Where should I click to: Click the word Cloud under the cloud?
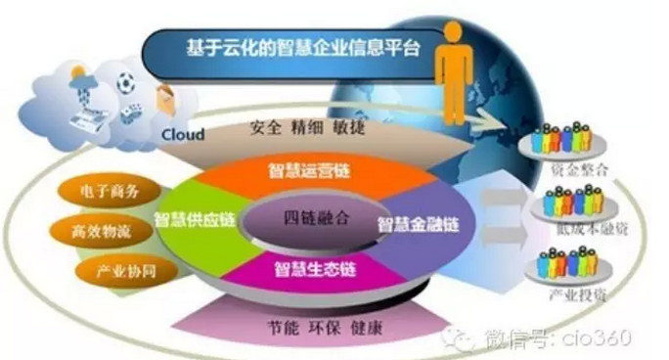point(182,134)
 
